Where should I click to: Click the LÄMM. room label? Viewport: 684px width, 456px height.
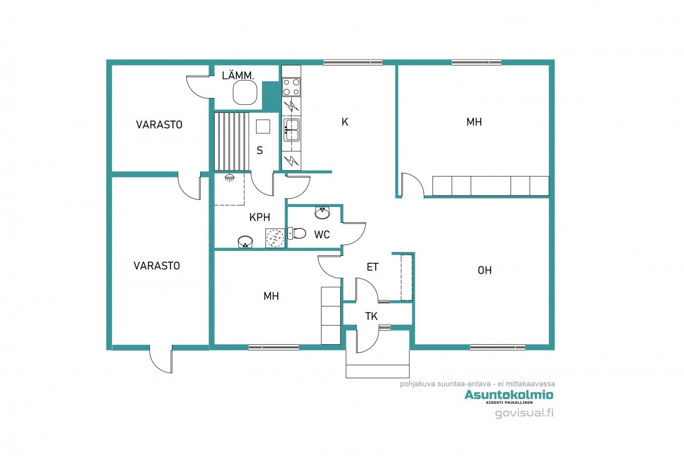pos(238,75)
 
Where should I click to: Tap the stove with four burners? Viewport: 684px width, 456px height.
pos(291,87)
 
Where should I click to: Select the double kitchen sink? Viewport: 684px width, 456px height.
pos(291,130)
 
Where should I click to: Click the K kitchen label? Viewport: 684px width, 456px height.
pos(345,122)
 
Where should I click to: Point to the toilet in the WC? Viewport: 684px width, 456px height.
pos(297,234)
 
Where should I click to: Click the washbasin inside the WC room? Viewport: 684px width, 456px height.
pos(322,213)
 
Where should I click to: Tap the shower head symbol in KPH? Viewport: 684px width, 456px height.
pos(229,178)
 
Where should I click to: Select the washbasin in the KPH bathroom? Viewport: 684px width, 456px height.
pos(245,242)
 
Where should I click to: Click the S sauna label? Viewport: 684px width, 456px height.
pos(259,150)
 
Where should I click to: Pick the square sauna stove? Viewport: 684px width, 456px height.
pos(263,126)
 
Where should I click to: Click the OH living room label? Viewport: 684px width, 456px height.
pos(485,270)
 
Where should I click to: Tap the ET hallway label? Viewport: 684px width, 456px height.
pos(372,267)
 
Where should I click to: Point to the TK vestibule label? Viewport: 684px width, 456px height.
pos(371,316)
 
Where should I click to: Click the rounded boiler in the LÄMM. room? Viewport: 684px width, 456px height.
pos(245,93)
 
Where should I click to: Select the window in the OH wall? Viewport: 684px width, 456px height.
pos(497,347)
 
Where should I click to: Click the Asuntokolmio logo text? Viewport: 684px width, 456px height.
pos(509,394)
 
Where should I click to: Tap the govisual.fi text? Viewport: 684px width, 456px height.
pos(524,413)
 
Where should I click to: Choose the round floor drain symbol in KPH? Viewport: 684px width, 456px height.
pos(275,238)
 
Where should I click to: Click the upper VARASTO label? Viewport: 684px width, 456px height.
pos(159,124)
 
